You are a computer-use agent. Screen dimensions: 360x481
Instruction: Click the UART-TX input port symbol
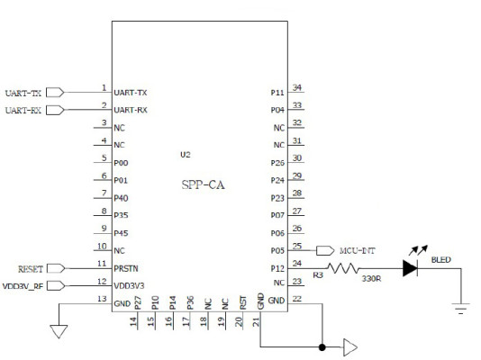pos(55,92)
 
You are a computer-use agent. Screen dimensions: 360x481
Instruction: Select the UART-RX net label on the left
pos(23,110)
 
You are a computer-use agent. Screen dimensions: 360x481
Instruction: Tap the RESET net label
pos(31,268)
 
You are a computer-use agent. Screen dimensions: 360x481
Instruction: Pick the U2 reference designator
pos(186,155)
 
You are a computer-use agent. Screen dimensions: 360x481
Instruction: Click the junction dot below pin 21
pos(322,346)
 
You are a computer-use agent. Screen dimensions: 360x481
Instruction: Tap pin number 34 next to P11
pos(297,87)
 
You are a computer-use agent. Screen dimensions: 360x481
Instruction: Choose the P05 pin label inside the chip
pos(278,251)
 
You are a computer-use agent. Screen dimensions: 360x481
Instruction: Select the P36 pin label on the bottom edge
pos(190,303)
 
